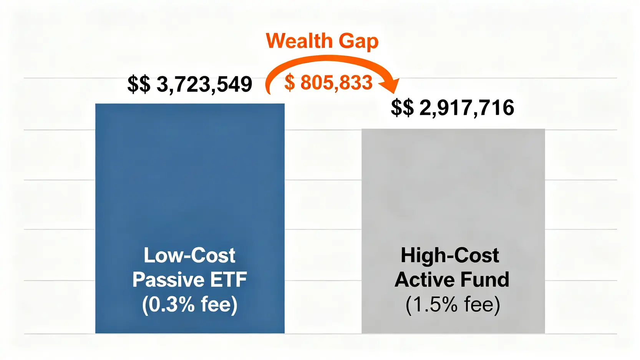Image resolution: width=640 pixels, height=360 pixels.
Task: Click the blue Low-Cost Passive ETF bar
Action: (x=190, y=173)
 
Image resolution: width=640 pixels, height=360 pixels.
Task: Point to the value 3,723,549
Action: (x=204, y=84)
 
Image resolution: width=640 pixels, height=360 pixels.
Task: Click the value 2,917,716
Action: (x=466, y=108)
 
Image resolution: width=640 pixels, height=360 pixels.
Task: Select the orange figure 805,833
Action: (x=336, y=83)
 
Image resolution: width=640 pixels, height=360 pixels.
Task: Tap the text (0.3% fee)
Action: (x=190, y=305)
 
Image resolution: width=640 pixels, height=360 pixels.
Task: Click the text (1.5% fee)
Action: (x=453, y=305)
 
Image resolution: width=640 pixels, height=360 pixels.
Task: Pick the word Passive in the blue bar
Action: (x=167, y=280)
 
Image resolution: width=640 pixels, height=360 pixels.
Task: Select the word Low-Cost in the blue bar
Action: (x=189, y=255)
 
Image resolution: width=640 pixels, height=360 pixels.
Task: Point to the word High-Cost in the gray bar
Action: (x=450, y=255)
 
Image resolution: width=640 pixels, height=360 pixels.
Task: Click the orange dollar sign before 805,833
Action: (x=290, y=83)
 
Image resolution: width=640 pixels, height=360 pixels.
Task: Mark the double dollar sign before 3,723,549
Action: (x=139, y=84)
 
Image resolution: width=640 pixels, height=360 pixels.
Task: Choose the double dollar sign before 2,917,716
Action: (x=402, y=108)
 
